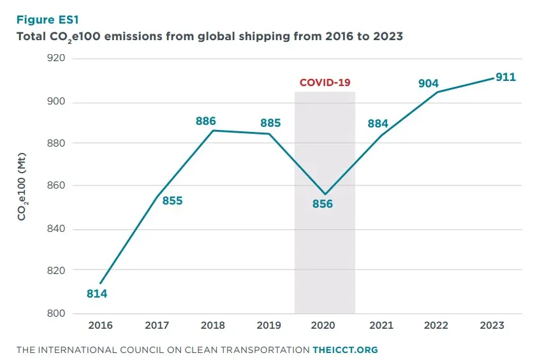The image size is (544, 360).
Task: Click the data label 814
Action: tap(97, 294)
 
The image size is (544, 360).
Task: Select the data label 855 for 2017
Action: tap(172, 201)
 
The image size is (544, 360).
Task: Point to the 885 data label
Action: tap(270, 123)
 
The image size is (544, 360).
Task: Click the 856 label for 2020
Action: tap(323, 204)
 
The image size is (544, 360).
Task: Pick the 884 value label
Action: tap(378, 123)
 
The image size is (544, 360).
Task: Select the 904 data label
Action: tap(429, 83)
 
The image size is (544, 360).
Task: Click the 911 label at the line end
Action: tap(505, 77)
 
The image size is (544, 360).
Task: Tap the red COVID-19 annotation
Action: tap(325, 83)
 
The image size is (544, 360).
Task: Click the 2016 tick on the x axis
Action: tap(101, 326)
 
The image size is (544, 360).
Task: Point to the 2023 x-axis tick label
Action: tap(492, 326)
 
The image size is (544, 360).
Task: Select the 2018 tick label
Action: tap(212, 326)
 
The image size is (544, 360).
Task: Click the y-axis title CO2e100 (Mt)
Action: tap(22, 186)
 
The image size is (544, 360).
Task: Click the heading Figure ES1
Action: tap(47, 20)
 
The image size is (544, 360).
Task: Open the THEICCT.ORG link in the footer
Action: tap(345, 350)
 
